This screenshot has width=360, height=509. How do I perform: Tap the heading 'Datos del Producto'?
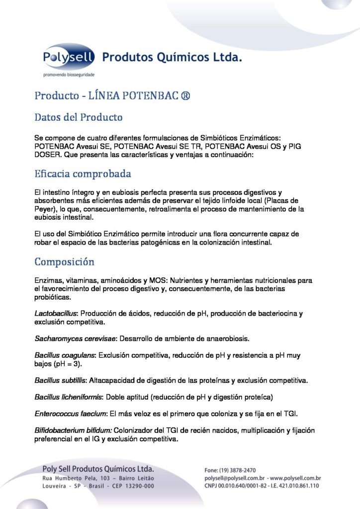click(78, 118)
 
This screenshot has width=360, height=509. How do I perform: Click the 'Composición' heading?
click(64, 261)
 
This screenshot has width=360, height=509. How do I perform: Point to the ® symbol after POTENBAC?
click(184, 95)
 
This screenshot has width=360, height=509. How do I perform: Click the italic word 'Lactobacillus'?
click(56, 314)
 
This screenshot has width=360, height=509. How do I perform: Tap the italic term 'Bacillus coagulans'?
click(66, 356)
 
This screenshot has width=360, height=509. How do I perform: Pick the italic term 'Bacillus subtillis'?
click(61, 381)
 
